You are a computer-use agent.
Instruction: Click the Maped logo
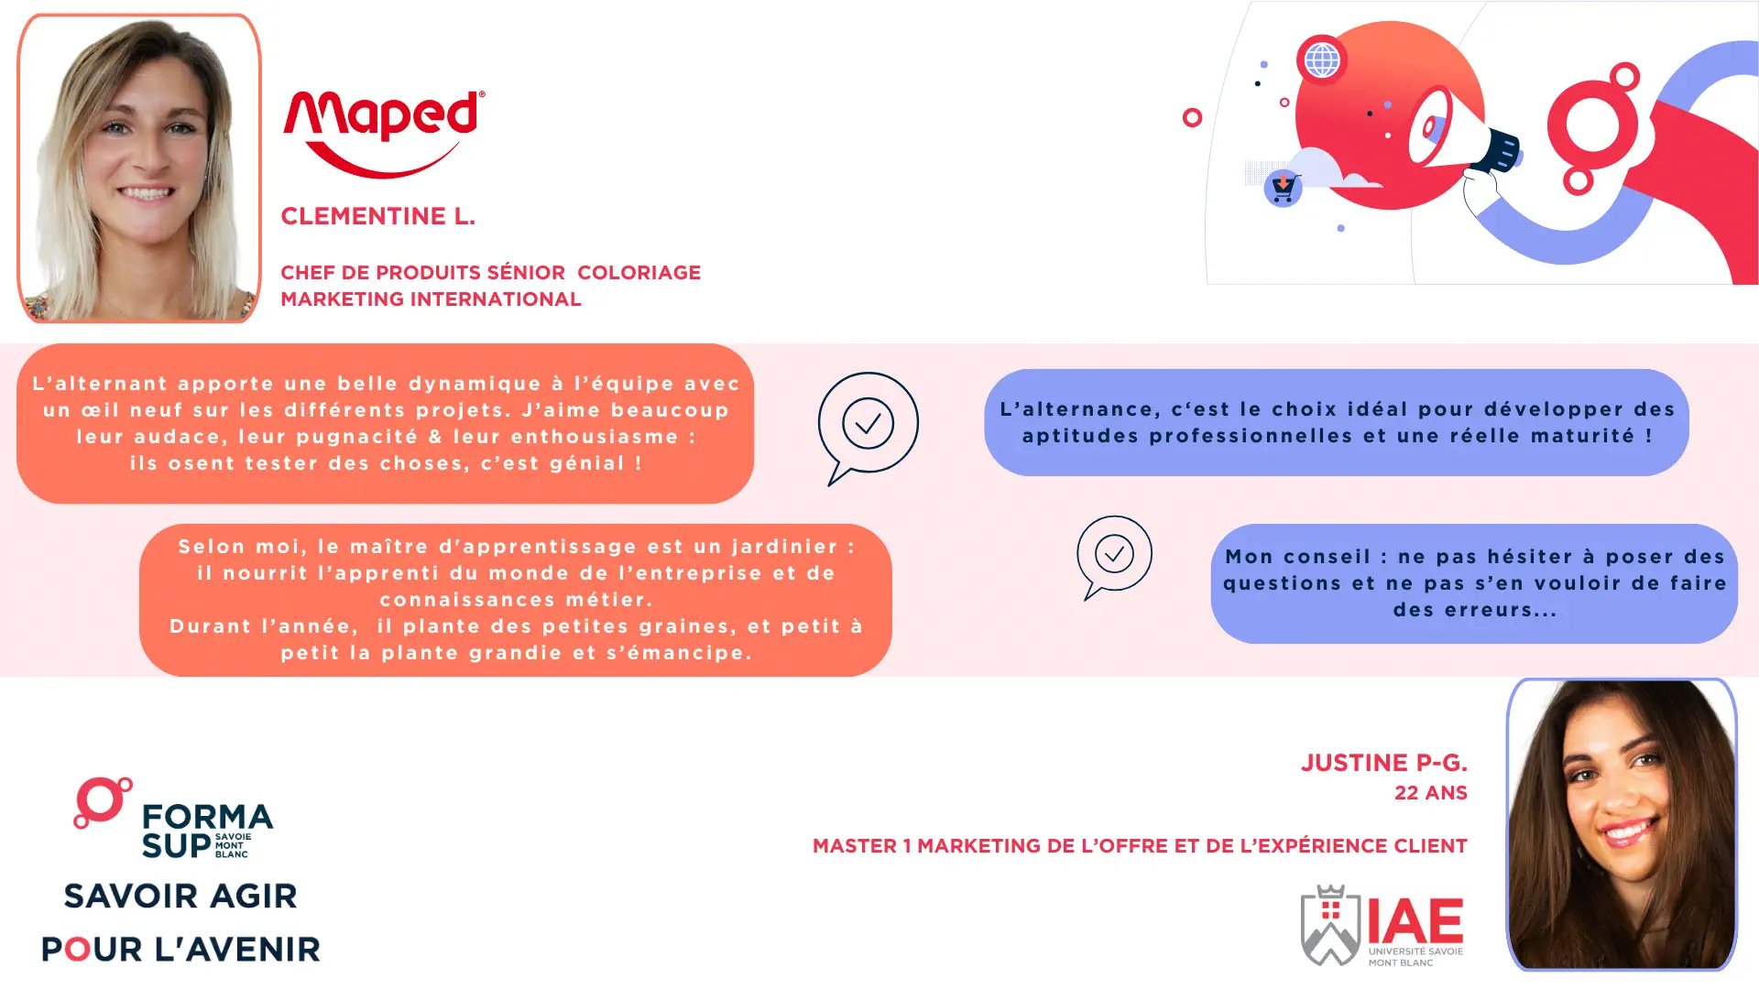[384, 134]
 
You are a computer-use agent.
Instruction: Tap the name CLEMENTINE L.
[377, 216]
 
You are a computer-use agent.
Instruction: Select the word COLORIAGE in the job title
[639, 273]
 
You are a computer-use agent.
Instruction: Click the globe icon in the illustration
[1321, 60]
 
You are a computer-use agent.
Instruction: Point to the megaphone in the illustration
[1463, 134]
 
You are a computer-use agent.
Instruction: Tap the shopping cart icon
[1283, 189]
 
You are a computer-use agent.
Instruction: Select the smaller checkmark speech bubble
[1114, 557]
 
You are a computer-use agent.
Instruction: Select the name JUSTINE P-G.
[1384, 763]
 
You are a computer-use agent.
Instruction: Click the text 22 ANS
[1431, 793]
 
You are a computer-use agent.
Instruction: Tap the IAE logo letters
[1415, 921]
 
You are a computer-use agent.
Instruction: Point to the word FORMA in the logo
[208, 816]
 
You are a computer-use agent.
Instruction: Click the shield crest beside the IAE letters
[1330, 925]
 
